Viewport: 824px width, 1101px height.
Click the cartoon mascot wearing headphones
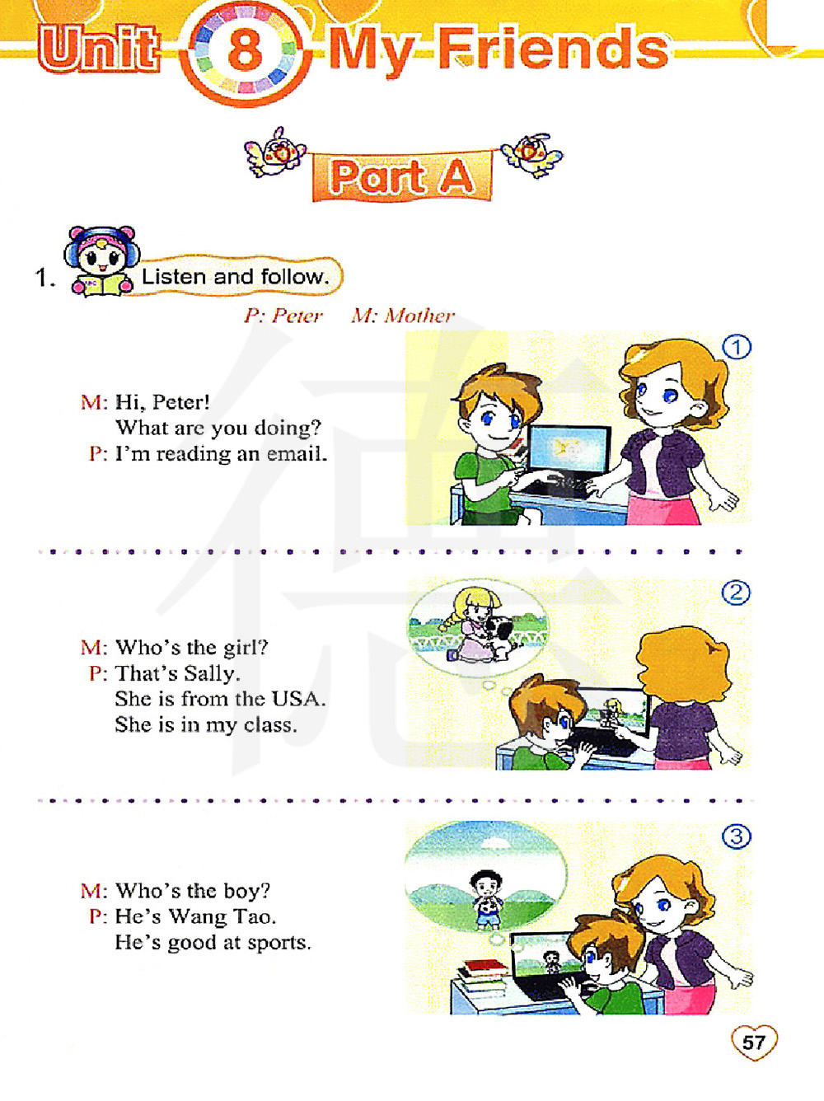[x=102, y=261]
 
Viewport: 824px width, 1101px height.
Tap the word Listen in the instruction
[x=174, y=276]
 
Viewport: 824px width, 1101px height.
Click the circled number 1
[x=736, y=348]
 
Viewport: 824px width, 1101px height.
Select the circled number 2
[x=736, y=593]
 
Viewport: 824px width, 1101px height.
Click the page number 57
[x=753, y=1042]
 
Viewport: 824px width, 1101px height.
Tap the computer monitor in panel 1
[x=570, y=450]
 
